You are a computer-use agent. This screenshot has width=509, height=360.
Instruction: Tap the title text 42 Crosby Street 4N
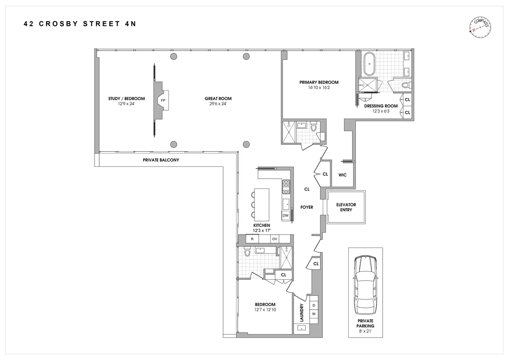coord(80,24)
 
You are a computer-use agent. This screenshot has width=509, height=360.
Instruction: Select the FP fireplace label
coord(163,101)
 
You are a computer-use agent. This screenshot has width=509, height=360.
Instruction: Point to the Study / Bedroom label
coord(126,98)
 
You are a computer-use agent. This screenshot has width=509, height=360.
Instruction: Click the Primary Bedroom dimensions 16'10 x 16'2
coord(319,87)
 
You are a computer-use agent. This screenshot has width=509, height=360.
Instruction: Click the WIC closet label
coord(343,174)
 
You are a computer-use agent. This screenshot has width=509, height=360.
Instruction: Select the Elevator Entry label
coord(346,207)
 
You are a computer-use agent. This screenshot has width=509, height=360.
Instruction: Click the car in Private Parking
coord(365,283)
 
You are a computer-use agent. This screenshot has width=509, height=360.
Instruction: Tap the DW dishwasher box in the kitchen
coord(285,216)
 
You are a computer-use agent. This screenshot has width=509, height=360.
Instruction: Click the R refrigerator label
coord(252,239)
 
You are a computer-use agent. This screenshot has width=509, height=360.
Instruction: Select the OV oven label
coord(274,239)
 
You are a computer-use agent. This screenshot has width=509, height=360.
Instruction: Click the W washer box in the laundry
coord(314,314)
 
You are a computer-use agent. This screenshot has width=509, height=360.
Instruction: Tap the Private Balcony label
coord(161,160)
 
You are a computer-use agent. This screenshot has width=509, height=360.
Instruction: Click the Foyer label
coord(307,207)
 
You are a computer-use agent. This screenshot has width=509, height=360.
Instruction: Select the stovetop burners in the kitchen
coord(286,183)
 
